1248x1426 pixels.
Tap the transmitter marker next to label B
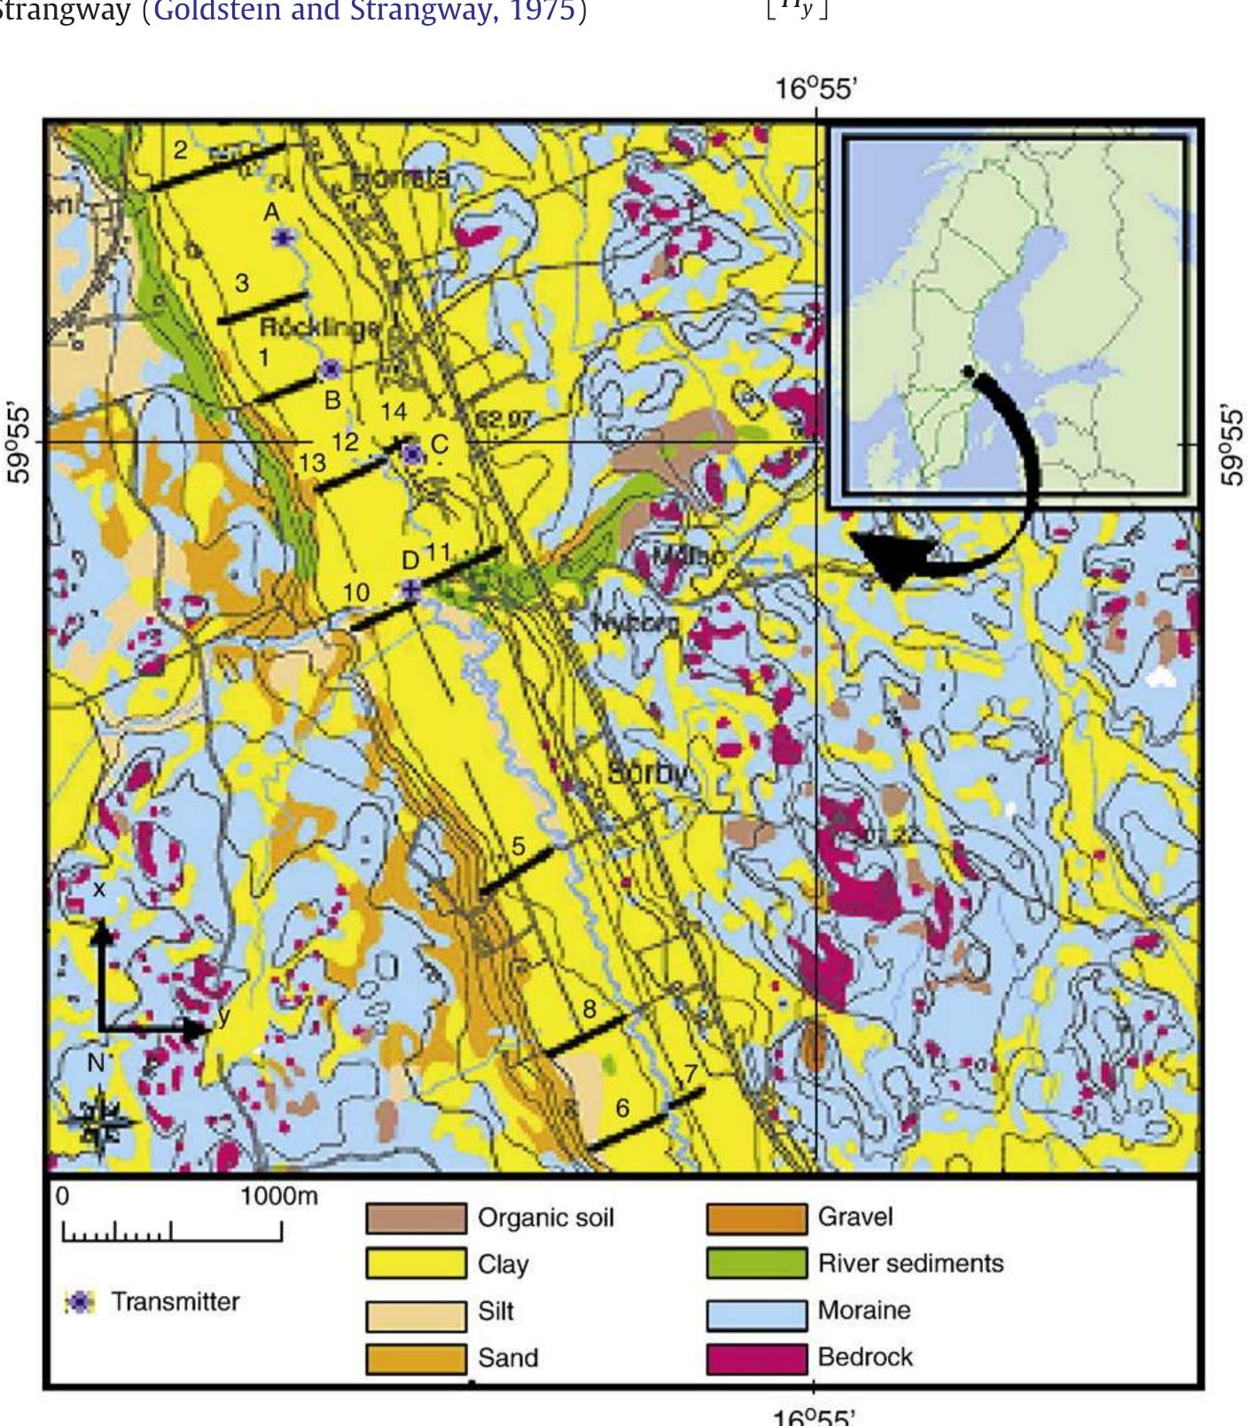[331, 369]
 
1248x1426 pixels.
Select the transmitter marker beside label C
[411, 455]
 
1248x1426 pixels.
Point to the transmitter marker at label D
[410, 588]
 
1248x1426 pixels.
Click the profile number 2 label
[181, 150]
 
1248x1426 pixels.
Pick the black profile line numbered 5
[516, 871]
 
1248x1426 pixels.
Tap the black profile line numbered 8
[585, 1036]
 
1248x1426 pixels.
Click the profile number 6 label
[622, 1108]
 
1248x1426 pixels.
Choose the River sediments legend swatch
[756, 1264]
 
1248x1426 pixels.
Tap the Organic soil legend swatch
[416, 1218]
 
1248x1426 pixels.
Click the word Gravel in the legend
[855, 1217]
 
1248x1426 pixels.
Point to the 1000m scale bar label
[278, 1196]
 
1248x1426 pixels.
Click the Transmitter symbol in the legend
[81, 1302]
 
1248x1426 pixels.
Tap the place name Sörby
[648, 773]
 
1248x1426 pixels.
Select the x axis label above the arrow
[99, 888]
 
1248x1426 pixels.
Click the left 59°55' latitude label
[19, 444]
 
